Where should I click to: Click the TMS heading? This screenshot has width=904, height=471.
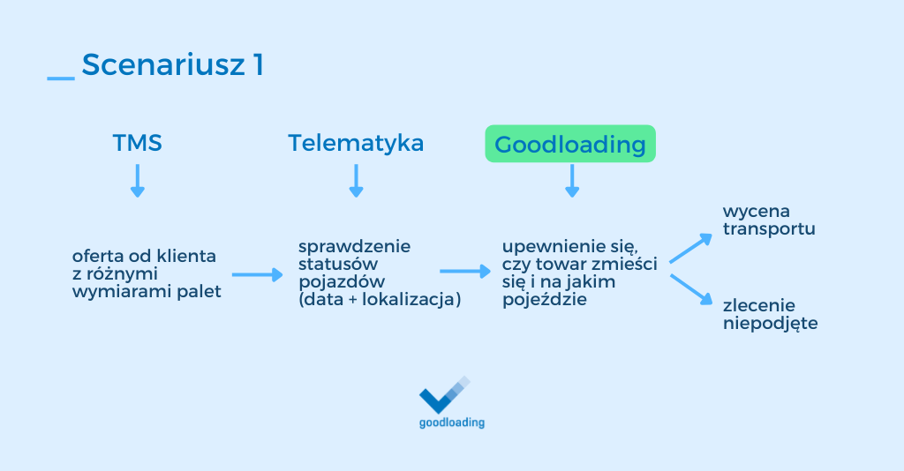coord(137,143)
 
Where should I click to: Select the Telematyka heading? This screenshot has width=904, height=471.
coord(356,143)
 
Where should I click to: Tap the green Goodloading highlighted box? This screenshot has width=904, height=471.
coord(570,144)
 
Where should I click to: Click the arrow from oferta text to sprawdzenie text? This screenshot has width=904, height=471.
coord(257,275)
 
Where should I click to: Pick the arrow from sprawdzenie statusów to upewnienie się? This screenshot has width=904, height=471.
coord(464,272)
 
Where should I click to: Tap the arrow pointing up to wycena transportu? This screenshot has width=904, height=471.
coord(690,249)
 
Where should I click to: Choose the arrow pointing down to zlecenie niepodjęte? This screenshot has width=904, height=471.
coord(690,290)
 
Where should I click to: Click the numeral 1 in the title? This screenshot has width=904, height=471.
coord(257,65)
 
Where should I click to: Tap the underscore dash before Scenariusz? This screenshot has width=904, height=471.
coord(60,79)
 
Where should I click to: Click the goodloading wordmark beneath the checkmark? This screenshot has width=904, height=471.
coord(451,422)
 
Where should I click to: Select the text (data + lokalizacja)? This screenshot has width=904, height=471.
coord(380,299)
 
